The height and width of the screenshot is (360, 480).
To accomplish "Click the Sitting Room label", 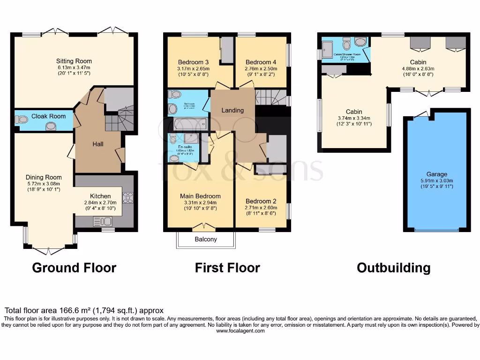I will click(x=74, y=61).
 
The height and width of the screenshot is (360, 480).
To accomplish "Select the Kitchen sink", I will click(x=103, y=221).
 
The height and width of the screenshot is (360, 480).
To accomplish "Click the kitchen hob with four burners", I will click(x=127, y=201).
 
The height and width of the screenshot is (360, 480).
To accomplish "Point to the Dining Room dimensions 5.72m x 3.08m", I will click(x=44, y=184).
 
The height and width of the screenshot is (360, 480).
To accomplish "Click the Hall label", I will click(x=98, y=144).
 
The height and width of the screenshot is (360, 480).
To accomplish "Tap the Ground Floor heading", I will click(x=74, y=268).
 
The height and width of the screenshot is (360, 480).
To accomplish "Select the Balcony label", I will click(x=206, y=239).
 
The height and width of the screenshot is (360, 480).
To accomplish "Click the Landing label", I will click(x=232, y=110).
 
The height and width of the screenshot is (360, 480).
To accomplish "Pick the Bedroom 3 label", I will click(x=193, y=62).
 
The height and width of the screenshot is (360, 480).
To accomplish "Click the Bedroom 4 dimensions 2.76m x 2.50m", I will click(x=261, y=68).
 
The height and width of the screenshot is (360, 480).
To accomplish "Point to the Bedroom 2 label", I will click(x=261, y=201).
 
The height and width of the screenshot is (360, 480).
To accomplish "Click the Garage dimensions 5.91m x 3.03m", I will click(x=437, y=180).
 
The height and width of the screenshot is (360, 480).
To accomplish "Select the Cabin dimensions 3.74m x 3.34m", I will click(x=354, y=118).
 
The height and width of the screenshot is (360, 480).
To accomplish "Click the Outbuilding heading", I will click(x=393, y=268).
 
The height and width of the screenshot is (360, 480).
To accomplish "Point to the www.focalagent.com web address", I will click(x=240, y=330).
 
